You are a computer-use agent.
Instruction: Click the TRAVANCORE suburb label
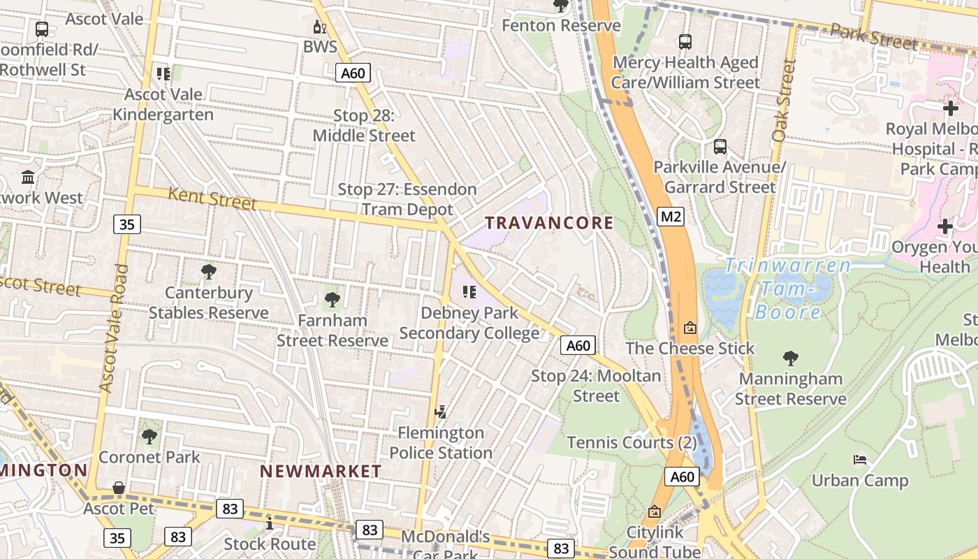549,224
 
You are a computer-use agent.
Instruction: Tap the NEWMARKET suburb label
321,472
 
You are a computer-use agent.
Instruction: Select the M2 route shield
671,217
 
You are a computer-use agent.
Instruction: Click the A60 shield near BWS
353,73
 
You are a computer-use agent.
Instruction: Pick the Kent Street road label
212,199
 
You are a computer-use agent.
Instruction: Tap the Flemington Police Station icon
441,412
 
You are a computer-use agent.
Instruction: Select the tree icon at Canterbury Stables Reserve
208,272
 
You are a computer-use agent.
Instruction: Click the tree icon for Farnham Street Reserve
333,300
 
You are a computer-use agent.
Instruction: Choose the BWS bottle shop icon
319,27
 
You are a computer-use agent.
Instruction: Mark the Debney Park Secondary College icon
469,291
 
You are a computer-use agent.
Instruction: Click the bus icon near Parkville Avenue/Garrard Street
720,147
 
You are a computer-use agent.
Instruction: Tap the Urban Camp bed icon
860,460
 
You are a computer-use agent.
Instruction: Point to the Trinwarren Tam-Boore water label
788,288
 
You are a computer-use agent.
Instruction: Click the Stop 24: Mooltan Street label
596,386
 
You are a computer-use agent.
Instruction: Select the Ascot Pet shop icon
119,488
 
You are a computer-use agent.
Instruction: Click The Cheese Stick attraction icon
689,327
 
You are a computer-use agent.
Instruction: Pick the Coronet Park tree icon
149,437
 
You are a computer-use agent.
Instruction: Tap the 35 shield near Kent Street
126,224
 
